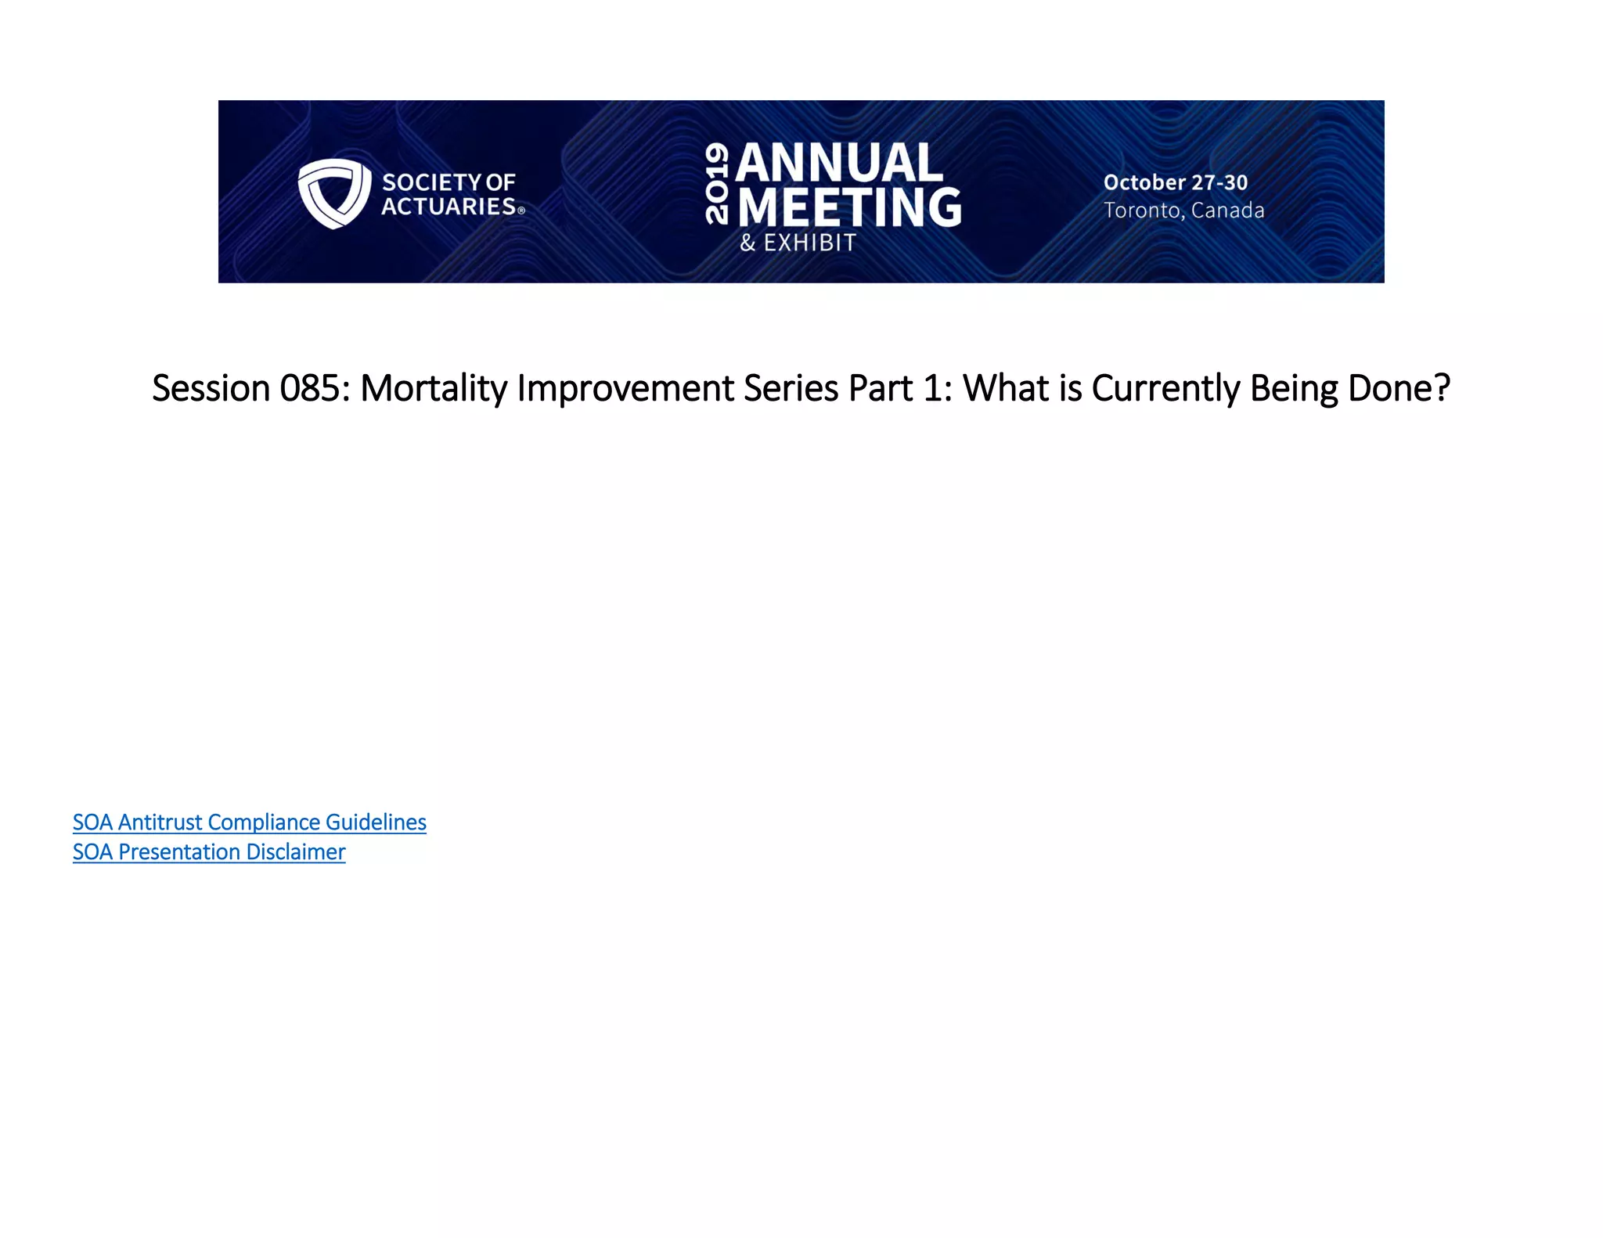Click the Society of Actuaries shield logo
[x=334, y=193]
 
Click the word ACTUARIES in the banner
[x=448, y=207]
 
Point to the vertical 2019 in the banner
[x=717, y=183]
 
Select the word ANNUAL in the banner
[x=839, y=163]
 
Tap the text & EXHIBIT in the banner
[x=798, y=243]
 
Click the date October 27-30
[x=1175, y=182]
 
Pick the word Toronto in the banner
[x=1144, y=211]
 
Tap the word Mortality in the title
[x=433, y=388]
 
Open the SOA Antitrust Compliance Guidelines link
[x=249, y=822]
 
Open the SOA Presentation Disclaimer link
[x=208, y=852]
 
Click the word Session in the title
[x=211, y=388]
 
